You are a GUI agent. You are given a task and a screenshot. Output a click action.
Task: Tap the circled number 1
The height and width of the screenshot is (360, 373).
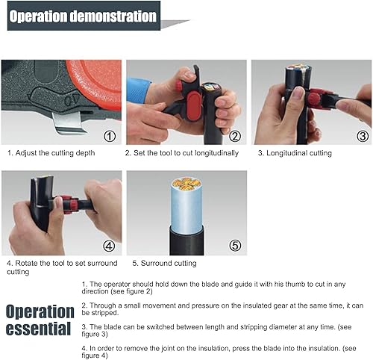tap(110, 136)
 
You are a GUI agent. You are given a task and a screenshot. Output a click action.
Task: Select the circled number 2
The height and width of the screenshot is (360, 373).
tap(234, 136)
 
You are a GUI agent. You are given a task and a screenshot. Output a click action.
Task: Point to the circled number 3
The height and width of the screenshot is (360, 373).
tap(363, 136)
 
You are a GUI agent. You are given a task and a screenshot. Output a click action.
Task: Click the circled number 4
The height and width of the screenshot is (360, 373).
tap(110, 245)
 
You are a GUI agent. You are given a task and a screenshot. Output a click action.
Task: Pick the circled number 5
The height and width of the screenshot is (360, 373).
tap(234, 245)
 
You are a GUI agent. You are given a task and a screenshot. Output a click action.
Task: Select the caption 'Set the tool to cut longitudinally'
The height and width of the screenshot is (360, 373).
tap(181, 153)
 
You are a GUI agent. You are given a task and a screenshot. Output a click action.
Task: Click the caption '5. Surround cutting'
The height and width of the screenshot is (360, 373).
tap(164, 263)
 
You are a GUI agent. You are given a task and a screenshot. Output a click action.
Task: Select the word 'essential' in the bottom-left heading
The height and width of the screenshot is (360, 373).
tap(40, 329)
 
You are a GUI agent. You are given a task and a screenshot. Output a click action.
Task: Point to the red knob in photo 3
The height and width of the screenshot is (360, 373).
tap(316, 99)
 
